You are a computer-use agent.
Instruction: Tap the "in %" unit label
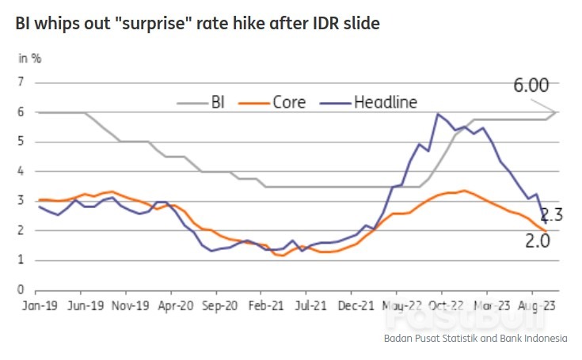[31, 58]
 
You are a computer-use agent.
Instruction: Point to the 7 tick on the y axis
[21, 81]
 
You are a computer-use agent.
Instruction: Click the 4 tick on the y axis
[21, 171]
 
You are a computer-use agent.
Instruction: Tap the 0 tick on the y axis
[21, 290]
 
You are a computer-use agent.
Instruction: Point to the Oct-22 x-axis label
[445, 304]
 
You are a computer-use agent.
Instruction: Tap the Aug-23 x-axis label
[536, 304]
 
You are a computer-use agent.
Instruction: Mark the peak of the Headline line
[437, 114]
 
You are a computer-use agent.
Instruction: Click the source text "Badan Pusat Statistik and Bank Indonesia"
[475, 339]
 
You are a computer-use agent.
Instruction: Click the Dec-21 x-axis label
[355, 304]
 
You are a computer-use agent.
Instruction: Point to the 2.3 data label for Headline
[553, 214]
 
